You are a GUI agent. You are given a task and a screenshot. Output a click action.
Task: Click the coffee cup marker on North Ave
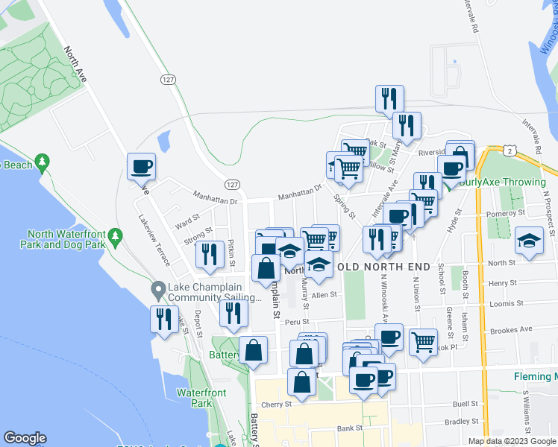coord(140,167)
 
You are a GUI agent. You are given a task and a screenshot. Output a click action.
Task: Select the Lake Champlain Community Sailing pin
coord(157,288)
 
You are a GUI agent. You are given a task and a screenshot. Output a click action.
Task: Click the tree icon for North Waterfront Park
coord(115,236)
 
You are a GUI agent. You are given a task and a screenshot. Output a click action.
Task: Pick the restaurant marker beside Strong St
coord(210,255)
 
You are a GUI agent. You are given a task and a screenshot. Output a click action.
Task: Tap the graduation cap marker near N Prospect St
coord(529,241)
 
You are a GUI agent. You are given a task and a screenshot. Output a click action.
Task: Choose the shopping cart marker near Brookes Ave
coord(423,343)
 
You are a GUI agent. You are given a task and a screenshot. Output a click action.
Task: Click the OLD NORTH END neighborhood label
coord(383,267)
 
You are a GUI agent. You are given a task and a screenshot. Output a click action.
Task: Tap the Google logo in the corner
coord(25,438)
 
